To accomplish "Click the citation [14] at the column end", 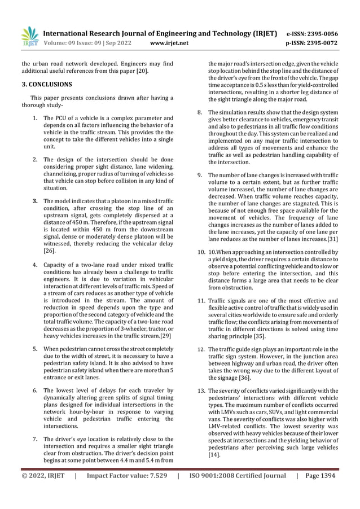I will tap(214, 454).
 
